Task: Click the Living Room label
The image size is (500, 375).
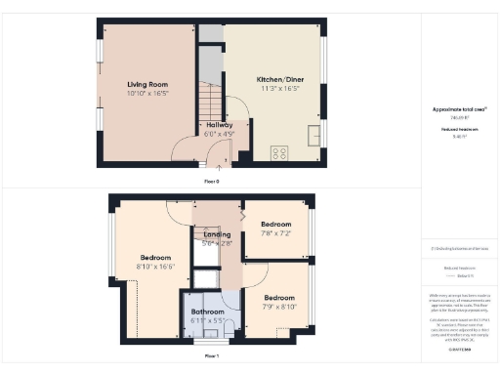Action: (147, 85)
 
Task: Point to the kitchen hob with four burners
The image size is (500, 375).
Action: (278, 151)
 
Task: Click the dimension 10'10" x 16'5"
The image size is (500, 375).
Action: (147, 95)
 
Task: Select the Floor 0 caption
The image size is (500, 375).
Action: (211, 182)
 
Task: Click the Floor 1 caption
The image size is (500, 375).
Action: (211, 357)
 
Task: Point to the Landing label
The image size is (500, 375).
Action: (217, 234)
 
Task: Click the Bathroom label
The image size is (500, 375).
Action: (207, 312)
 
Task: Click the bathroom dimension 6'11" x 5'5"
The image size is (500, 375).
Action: (207, 320)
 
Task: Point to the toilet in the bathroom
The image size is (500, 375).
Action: (226, 333)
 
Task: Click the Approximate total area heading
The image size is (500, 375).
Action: (458, 111)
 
